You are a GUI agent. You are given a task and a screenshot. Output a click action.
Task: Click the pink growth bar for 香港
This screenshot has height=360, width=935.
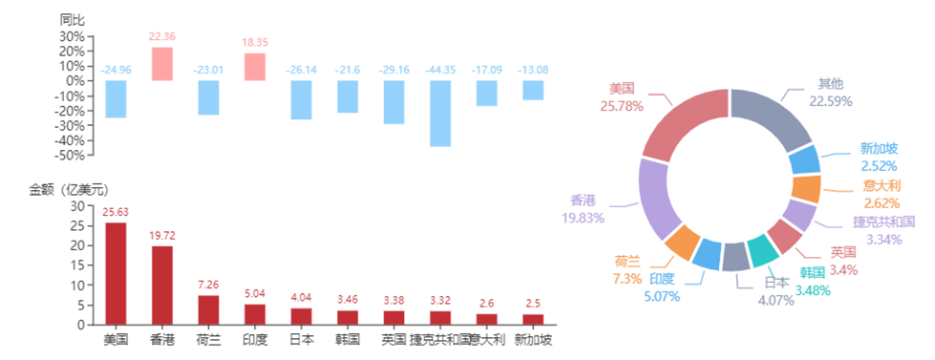click(162, 64)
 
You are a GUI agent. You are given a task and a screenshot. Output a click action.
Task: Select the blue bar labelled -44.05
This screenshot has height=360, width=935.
click(440, 113)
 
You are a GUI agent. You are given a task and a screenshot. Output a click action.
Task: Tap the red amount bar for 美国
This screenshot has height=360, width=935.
click(116, 272)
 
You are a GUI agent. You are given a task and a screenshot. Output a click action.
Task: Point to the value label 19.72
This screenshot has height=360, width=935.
click(162, 236)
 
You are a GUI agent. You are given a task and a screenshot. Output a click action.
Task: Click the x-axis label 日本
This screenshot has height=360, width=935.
click(302, 340)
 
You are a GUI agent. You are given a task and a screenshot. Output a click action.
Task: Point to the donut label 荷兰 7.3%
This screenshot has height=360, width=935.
click(627, 269)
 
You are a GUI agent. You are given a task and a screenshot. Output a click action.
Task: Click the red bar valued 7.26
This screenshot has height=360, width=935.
click(209, 309)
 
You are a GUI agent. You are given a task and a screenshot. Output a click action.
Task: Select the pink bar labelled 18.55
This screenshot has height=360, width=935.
click(255, 66)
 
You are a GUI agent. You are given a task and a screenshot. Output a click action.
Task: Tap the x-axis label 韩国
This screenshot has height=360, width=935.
click(347, 340)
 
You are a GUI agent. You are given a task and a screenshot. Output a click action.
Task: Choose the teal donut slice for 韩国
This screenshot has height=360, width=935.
click(762, 252)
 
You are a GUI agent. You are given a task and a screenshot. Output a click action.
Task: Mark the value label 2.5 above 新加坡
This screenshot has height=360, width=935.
click(533, 303)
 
